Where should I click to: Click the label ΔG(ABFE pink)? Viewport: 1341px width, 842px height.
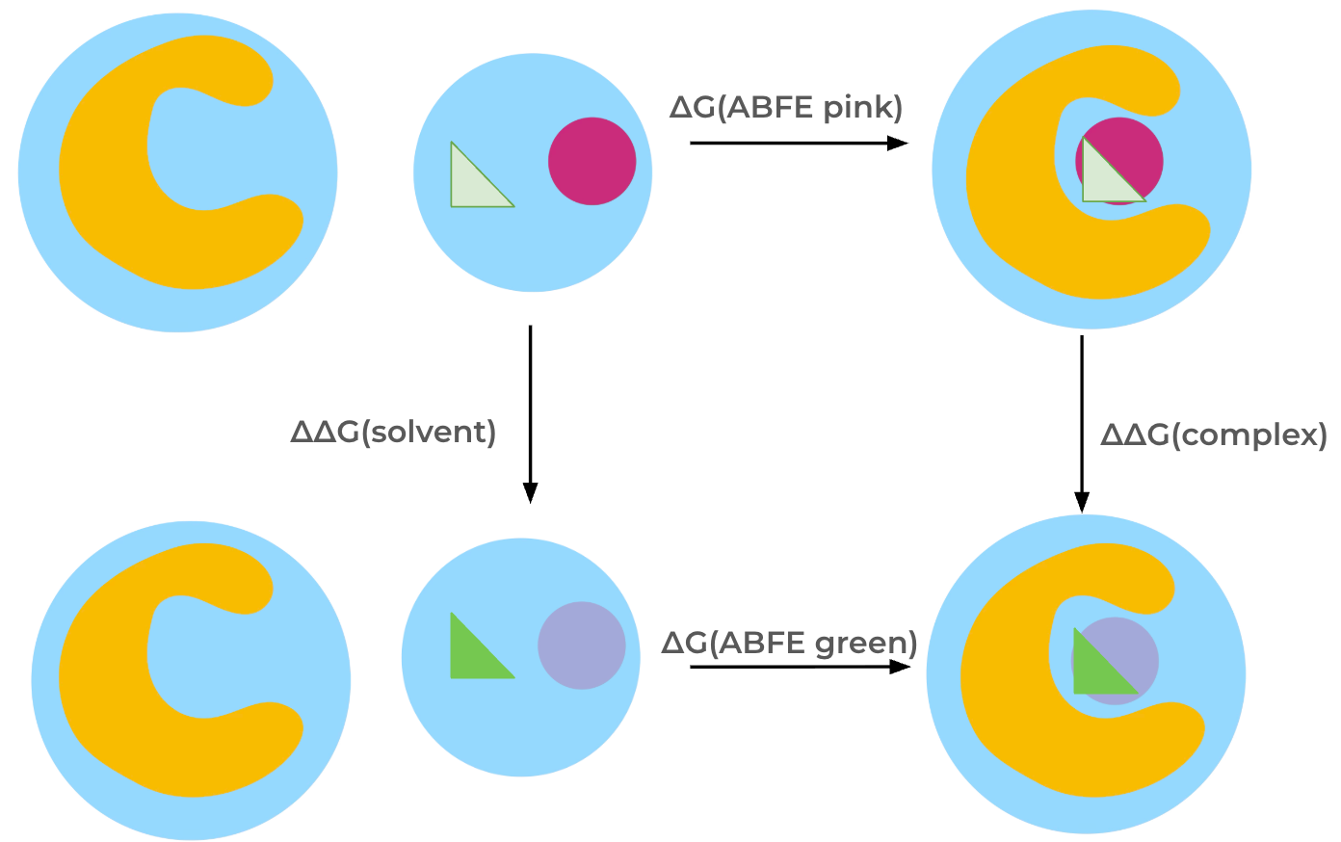click(x=786, y=106)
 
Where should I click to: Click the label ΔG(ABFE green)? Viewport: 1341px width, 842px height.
click(x=789, y=643)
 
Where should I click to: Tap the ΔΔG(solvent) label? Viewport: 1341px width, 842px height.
click(x=393, y=432)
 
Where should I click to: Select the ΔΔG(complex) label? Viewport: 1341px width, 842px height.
click(x=1214, y=434)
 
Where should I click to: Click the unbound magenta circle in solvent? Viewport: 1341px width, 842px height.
click(x=592, y=161)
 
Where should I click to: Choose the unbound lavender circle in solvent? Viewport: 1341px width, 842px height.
click(x=582, y=645)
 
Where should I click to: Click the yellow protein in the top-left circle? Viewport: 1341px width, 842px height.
click(x=106, y=173)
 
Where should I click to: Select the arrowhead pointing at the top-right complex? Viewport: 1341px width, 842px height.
click(x=898, y=144)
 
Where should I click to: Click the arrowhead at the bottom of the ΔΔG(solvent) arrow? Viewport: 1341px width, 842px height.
click(x=530, y=492)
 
